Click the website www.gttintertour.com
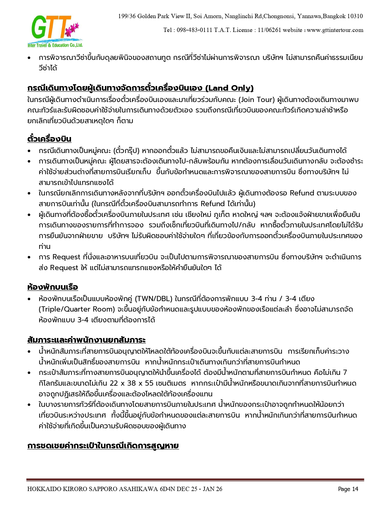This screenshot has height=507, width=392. click(x=335, y=30)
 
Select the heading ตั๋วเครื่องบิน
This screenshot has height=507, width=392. click(x=49, y=139)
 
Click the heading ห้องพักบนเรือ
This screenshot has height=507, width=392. click(x=53, y=287)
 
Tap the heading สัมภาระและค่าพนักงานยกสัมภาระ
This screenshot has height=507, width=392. click(x=86, y=340)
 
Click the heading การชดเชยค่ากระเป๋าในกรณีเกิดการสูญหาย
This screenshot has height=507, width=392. click(x=103, y=446)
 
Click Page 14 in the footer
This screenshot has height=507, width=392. click(x=348, y=489)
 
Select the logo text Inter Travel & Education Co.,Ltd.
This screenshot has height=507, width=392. click(x=55, y=45)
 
